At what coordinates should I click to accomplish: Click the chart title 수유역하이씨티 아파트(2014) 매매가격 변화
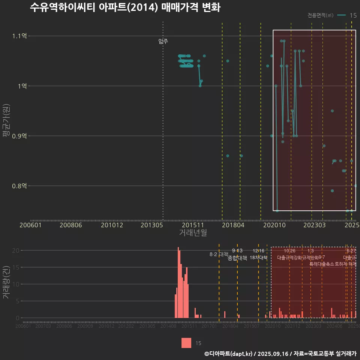125,7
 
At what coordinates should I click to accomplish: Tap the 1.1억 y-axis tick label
19,36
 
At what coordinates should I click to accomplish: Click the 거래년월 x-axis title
193,232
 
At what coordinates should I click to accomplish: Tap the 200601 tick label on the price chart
31,225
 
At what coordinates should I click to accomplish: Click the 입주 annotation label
163,41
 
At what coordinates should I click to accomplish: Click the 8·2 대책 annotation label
219,254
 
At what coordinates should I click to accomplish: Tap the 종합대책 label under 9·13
237,258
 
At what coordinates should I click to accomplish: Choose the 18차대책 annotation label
258,258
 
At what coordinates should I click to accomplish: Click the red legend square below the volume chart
186,343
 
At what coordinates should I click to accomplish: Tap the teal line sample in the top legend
341,15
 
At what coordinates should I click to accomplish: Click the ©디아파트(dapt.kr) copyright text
229,353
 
